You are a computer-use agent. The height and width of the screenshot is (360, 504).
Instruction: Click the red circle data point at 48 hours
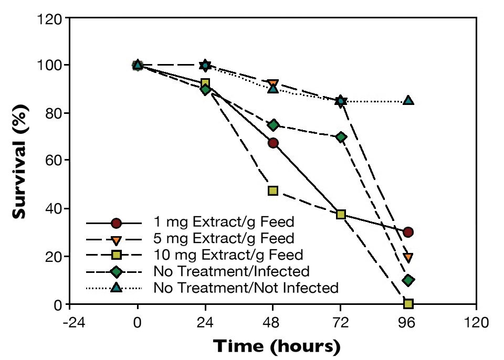(x=273, y=143)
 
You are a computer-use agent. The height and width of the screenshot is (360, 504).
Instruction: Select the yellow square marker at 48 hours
(x=273, y=190)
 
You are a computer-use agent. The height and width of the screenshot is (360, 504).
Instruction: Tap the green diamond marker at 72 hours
(x=341, y=137)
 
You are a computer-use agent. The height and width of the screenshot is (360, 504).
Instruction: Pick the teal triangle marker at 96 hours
(x=408, y=100)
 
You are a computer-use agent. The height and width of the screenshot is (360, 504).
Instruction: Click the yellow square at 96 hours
(x=408, y=303)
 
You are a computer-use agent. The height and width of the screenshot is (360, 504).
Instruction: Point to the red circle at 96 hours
(x=408, y=232)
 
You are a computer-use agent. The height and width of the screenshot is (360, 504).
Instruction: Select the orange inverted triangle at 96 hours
(x=408, y=258)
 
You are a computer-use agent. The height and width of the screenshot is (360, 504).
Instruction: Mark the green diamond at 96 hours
(x=408, y=280)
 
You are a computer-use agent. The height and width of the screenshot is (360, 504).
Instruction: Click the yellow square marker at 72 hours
(x=341, y=214)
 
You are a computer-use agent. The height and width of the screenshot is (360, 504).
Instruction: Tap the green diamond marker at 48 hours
(x=273, y=125)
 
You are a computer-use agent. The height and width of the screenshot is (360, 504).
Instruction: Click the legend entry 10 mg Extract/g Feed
(x=228, y=255)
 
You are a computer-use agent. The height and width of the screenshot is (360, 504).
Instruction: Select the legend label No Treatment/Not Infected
(x=246, y=288)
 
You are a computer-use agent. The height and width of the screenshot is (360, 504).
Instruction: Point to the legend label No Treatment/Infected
(x=232, y=271)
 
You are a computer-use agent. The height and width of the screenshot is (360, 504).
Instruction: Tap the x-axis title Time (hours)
(x=276, y=347)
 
